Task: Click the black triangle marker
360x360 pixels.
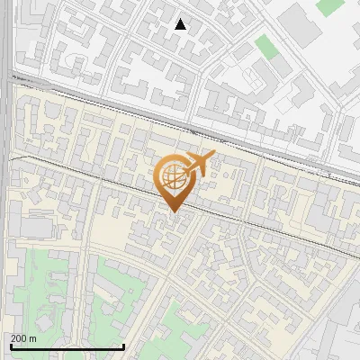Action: [181, 24]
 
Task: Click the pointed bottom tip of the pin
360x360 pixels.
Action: [173, 212]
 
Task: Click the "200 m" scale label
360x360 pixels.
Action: [23, 338]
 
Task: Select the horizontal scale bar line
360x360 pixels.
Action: [67, 347]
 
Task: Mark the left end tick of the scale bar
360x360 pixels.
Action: [10, 346]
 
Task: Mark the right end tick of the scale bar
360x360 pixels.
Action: [123, 346]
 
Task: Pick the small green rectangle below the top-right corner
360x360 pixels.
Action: [265, 46]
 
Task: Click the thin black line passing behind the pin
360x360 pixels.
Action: [90, 171]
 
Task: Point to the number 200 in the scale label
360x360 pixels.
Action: [19, 338]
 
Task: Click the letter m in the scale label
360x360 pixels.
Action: [32, 339]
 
